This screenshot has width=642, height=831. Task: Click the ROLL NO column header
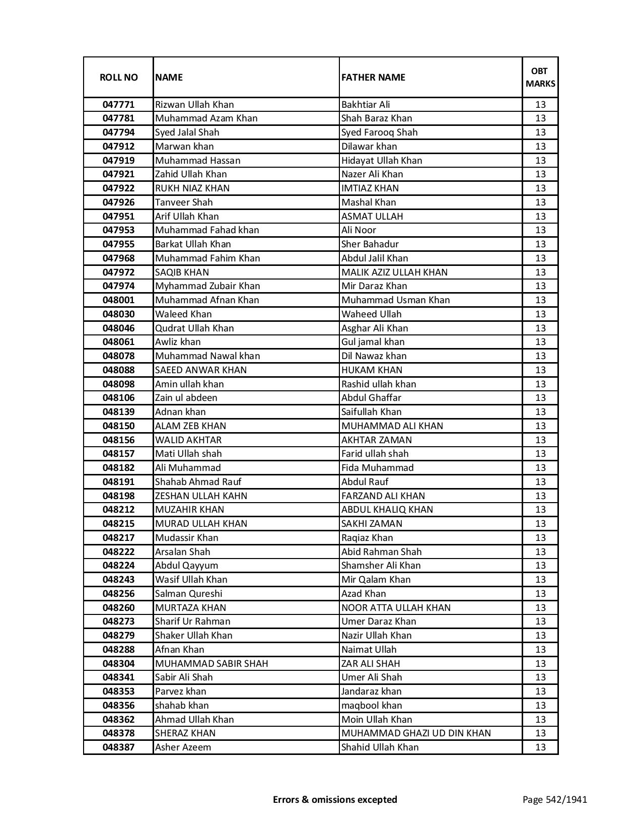tap(118, 77)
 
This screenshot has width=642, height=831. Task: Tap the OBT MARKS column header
tap(540, 77)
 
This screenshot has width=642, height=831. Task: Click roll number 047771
tap(118, 105)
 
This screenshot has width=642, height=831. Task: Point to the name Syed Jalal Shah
tap(187, 132)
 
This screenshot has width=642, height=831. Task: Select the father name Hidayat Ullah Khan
tap(382, 160)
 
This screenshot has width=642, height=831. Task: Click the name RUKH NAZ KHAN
tap(192, 188)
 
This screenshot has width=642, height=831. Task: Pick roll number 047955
tap(118, 244)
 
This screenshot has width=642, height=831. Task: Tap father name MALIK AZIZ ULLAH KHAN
tap(394, 272)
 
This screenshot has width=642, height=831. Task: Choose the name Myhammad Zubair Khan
tap(207, 286)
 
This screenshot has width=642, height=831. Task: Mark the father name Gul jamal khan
tap(373, 342)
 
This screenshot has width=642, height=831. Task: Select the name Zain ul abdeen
tap(186, 398)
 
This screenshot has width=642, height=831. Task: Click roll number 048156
tap(118, 440)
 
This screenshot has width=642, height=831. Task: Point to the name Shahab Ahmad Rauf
tap(198, 482)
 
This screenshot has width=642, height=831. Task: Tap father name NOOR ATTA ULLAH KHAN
tap(396, 608)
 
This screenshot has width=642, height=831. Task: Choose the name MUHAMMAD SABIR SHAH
tap(211, 664)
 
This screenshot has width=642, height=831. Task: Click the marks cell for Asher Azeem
tap(540, 747)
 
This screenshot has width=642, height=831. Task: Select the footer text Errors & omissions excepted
tap(335, 799)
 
